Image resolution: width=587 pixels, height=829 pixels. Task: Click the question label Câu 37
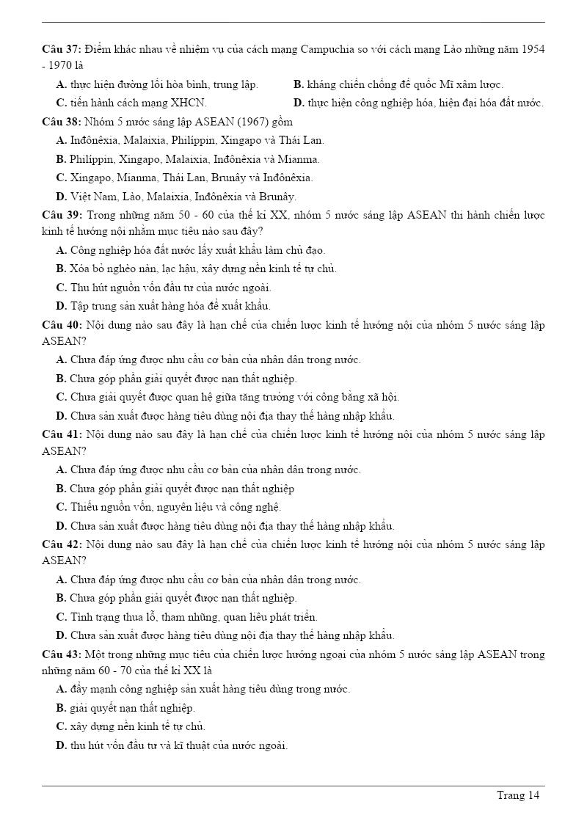[61, 49]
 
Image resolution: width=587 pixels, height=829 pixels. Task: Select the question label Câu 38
[61, 121]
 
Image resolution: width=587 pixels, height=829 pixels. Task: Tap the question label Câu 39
[61, 214]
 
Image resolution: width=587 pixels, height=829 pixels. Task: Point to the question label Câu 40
[61, 324]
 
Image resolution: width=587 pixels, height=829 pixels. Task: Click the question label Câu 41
[61, 434]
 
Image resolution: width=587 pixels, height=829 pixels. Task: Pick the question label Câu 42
[61, 544]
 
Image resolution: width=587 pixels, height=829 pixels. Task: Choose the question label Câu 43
[61, 654]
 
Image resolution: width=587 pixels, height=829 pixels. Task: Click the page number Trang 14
[518, 795]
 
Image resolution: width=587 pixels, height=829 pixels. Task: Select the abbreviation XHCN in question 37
[189, 103]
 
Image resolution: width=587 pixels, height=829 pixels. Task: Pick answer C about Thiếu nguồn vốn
[169, 507]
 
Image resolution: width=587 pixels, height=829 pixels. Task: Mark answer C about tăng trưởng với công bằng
[227, 397]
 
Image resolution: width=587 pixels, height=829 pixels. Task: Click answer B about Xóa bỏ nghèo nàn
[197, 269]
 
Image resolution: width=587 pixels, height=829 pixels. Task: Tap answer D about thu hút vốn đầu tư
[172, 745]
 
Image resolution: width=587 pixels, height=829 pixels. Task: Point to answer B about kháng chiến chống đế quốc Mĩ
[398, 84]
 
